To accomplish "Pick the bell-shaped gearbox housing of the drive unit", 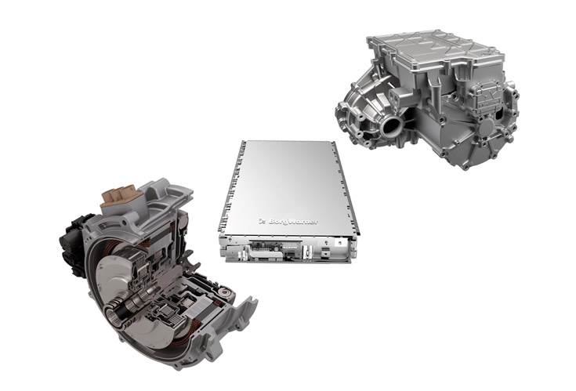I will point(368,110).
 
